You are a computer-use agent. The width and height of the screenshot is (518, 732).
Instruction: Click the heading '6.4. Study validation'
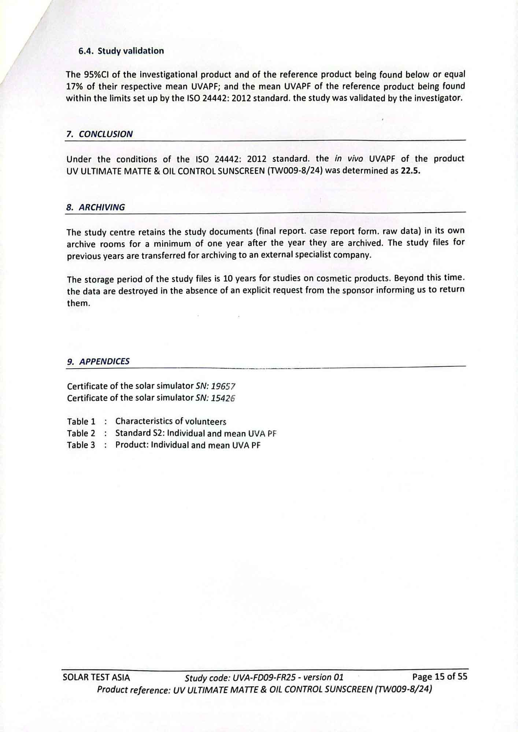coord(121,51)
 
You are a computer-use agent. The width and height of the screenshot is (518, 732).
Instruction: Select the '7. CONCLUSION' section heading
coord(100,134)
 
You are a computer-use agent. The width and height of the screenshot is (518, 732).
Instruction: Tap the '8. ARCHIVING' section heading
coord(96,207)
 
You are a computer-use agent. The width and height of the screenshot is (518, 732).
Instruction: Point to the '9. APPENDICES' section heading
coord(98,362)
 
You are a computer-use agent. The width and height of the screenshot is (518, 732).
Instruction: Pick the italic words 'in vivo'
coord(348,159)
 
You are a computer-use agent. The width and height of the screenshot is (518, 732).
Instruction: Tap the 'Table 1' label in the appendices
coord(81,422)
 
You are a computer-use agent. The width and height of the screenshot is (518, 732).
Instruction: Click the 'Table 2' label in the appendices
coord(81,433)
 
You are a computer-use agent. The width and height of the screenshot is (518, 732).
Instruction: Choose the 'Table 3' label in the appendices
coord(81,445)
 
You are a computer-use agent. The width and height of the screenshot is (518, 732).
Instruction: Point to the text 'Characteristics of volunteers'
coord(171,422)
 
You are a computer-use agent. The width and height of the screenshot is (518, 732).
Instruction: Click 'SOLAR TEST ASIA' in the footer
coord(96,677)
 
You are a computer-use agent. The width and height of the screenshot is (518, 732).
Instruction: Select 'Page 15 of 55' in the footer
coord(440,676)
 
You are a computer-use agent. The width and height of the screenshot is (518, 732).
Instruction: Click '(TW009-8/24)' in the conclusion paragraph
coord(295,171)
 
